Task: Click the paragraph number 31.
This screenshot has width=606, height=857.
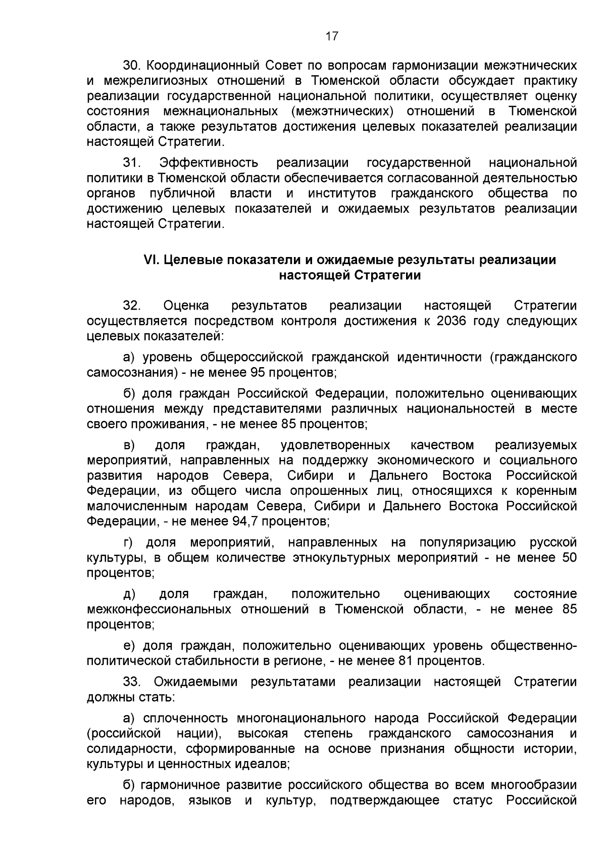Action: point(132,163)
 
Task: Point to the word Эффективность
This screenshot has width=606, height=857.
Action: point(209,163)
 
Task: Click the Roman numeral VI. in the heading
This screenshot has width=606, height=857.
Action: point(151,260)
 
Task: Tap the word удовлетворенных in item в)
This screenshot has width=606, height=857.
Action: point(335,445)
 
